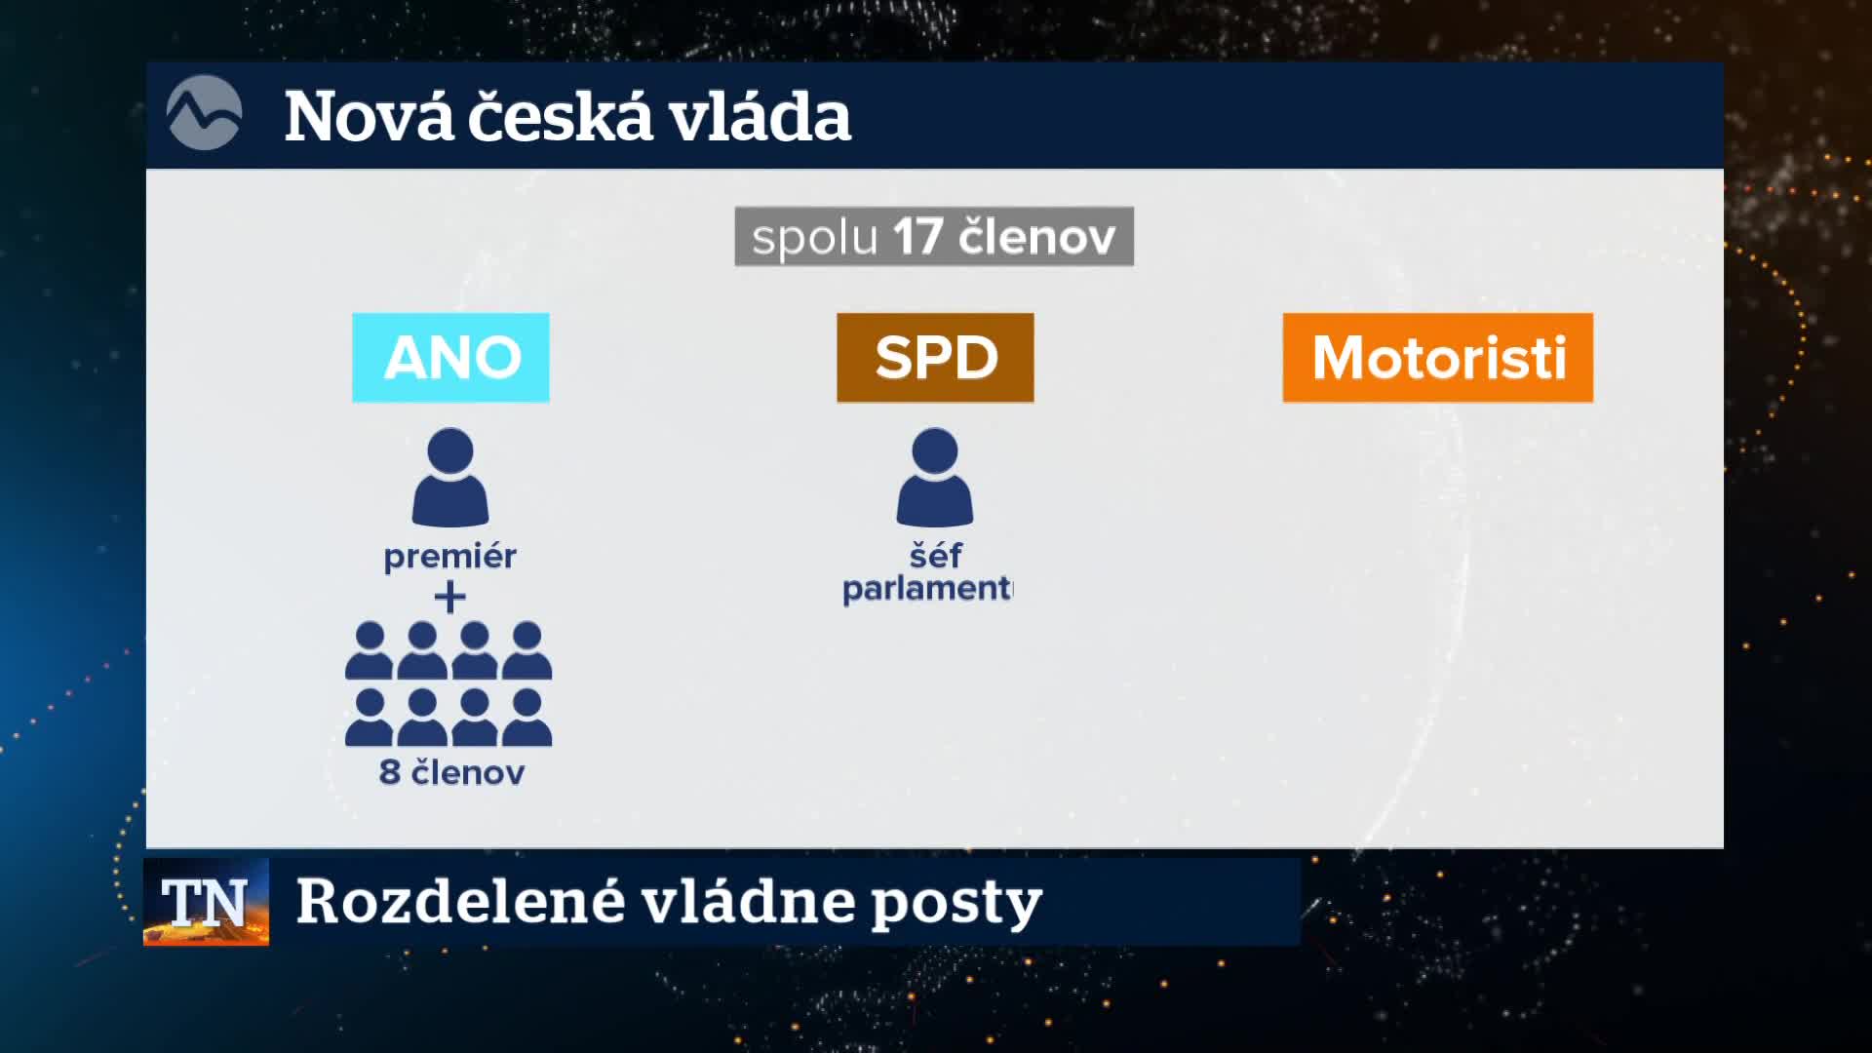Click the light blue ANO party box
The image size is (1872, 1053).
(x=450, y=357)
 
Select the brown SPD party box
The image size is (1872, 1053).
(x=935, y=357)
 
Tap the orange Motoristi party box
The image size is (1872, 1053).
(x=1438, y=357)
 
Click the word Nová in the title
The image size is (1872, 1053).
(x=370, y=116)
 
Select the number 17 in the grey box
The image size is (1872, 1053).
(x=917, y=237)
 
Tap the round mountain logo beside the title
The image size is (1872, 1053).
(x=204, y=113)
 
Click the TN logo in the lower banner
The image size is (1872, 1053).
(x=206, y=902)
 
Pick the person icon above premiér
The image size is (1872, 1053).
(x=450, y=477)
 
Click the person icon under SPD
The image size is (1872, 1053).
(x=935, y=477)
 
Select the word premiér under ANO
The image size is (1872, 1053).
(x=449, y=557)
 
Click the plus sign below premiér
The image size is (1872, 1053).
(x=449, y=597)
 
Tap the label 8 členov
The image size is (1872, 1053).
(x=451, y=772)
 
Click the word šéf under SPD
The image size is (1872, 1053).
(x=935, y=555)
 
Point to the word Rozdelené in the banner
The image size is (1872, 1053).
(x=460, y=901)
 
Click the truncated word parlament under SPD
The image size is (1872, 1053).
(x=927, y=589)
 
